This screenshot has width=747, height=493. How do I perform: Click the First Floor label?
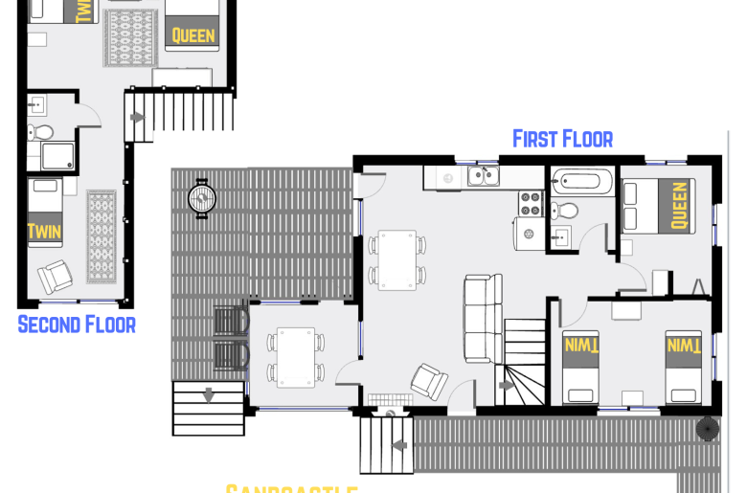562,139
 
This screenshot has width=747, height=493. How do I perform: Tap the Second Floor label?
77,325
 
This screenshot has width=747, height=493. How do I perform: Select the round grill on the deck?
202,199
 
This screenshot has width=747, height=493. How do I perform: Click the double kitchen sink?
483,175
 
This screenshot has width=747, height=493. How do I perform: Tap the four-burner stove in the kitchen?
531,203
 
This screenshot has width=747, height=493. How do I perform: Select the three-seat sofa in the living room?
482,315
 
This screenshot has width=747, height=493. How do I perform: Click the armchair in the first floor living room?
427,381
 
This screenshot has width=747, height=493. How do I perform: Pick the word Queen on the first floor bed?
679,206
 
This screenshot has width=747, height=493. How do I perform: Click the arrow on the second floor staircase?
138,118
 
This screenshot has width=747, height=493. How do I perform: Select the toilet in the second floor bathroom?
39,132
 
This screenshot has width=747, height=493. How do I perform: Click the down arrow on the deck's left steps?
208,393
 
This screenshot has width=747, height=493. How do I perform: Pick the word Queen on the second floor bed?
193,37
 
